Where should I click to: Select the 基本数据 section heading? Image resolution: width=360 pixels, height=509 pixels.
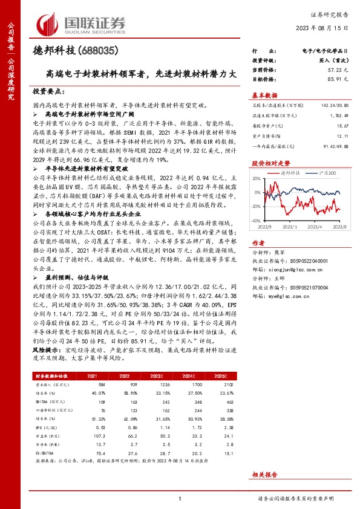coord(264,95)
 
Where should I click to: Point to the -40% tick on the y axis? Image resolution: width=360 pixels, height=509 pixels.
coord(257,222)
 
